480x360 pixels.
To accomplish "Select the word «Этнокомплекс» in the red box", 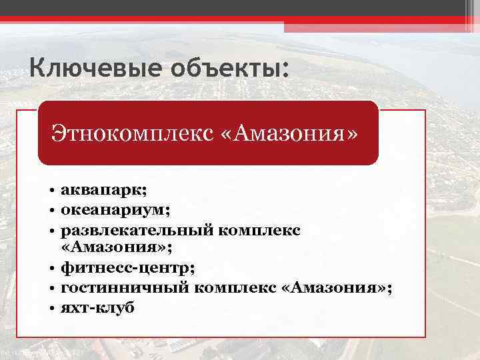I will click(128, 133).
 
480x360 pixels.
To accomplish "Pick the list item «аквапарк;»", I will click(98, 191).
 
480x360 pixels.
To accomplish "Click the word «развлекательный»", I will click(137, 229).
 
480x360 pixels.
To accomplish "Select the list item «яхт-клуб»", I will click(97, 307).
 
